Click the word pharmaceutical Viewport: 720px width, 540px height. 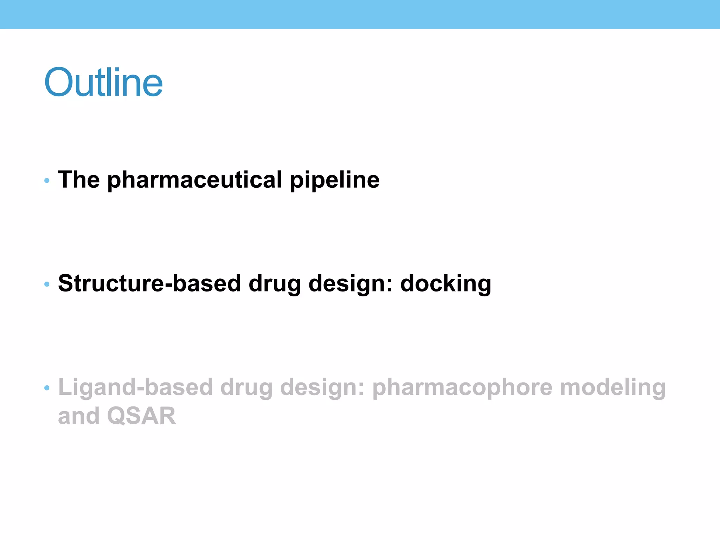(x=195, y=180)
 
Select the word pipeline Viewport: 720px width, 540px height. (x=335, y=180)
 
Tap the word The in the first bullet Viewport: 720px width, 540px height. (x=79, y=180)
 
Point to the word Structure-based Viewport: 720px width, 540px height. (x=149, y=283)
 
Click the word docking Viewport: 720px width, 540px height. (x=445, y=283)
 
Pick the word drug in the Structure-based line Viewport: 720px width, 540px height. (x=275, y=283)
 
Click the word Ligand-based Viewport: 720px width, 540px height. (x=135, y=387)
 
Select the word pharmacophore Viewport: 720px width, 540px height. (x=462, y=387)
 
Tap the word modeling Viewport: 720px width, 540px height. (x=613, y=387)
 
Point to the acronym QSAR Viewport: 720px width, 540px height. (x=141, y=416)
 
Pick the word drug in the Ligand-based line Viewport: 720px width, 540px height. (x=246, y=387)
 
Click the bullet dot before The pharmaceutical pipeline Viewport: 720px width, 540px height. (x=47, y=181)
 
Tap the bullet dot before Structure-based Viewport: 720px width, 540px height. (x=47, y=284)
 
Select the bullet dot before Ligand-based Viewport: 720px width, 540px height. (x=47, y=388)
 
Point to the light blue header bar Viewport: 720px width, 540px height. (x=360, y=14)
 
